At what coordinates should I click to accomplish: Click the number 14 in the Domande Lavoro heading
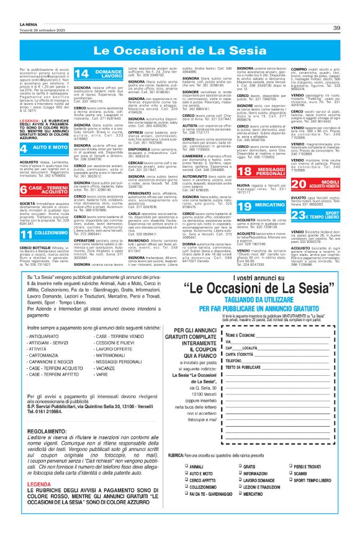[x=81, y=74]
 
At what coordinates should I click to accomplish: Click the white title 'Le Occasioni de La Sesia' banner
[x=179, y=49]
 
